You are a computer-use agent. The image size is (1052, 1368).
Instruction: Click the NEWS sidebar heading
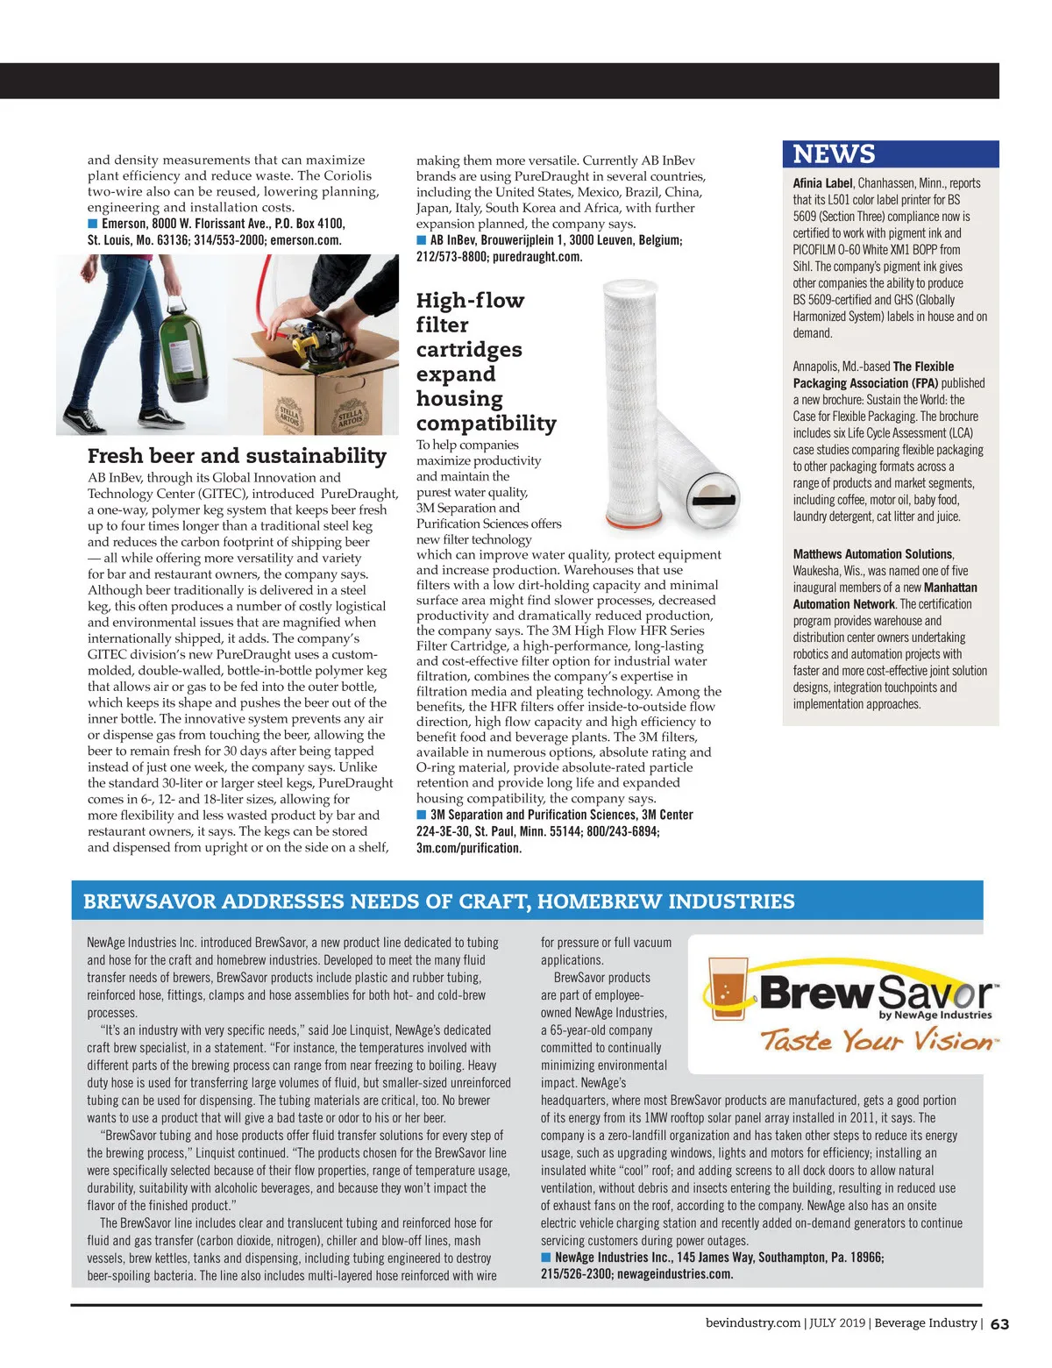pos(834,154)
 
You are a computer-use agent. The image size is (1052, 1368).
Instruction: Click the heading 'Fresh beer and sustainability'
pos(237,456)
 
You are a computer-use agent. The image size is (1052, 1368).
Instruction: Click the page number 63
pos(999,1324)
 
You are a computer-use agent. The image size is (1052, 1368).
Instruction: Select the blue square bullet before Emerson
pos(93,224)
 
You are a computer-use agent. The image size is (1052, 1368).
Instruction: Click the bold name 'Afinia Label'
pos(822,183)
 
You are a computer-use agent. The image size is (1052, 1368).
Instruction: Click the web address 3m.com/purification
pos(468,848)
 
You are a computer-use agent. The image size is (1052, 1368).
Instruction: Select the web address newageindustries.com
pos(672,1274)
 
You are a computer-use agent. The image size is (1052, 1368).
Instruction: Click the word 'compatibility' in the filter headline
pos(486,424)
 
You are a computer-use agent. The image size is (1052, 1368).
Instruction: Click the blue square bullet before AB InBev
pos(422,240)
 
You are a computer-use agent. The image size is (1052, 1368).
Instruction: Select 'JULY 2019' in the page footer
pos(837,1323)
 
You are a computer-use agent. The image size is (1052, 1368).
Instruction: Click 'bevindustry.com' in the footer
pos(753,1323)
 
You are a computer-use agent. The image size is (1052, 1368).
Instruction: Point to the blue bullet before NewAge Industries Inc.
pos(546,1258)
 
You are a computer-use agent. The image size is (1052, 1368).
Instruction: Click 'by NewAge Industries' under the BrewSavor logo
pos(935,1015)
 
